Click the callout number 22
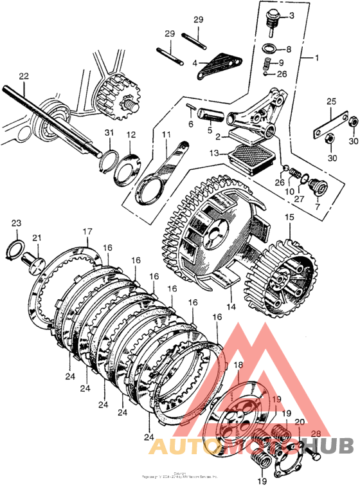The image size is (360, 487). (x=24, y=76)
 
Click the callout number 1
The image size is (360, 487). (x=316, y=58)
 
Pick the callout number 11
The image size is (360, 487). (x=166, y=134)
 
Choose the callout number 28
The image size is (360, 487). (x=316, y=433)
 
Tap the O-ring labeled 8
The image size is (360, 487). (x=270, y=48)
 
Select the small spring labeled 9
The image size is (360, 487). (x=270, y=64)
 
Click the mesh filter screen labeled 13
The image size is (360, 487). (x=243, y=155)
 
